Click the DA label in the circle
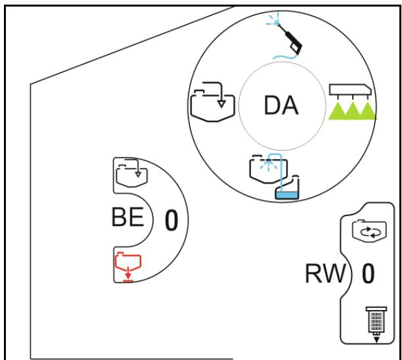[x=281, y=105]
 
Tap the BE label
[x=127, y=217]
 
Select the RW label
[x=325, y=273]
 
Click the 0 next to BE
[x=171, y=220]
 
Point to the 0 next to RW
[x=368, y=273]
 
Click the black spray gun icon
[x=291, y=39]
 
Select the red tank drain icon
[x=128, y=267]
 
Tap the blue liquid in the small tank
[x=287, y=195]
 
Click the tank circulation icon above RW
[x=369, y=230]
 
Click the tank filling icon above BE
[x=132, y=173]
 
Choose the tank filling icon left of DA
[x=213, y=102]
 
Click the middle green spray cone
[x=353, y=111]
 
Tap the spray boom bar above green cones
[x=350, y=89]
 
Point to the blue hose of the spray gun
[x=284, y=56]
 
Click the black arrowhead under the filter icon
[x=376, y=340]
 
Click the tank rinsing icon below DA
[x=275, y=176]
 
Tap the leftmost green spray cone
[x=337, y=111]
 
